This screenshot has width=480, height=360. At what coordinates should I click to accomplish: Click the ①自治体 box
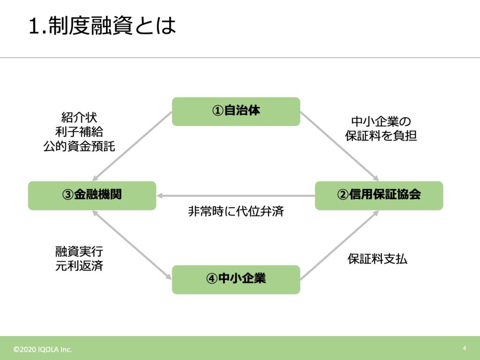(236, 112)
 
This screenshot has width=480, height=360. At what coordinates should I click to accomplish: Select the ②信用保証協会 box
(379, 195)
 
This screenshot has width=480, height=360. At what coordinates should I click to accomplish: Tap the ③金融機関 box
(92, 195)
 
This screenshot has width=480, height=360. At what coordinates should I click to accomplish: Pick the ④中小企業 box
(236, 279)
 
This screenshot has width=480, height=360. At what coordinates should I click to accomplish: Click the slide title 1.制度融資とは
(103, 25)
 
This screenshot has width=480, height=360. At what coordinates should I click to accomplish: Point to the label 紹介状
(79, 118)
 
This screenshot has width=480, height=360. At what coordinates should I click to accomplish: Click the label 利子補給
(79, 132)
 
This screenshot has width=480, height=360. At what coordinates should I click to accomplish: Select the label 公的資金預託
(79, 146)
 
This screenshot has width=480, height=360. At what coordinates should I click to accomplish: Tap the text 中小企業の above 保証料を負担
(381, 121)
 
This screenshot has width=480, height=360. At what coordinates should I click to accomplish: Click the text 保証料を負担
(381, 136)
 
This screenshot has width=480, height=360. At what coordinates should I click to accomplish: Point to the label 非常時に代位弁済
(236, 211)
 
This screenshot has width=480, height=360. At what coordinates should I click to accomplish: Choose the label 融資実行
(79, 251)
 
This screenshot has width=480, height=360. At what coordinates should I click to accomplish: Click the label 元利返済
(79, 266)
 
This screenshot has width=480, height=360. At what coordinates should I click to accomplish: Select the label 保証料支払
(377, 259)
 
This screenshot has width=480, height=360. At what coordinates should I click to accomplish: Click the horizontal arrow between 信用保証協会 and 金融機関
(236, 195)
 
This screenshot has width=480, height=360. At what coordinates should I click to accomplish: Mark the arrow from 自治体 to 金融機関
(132, 146)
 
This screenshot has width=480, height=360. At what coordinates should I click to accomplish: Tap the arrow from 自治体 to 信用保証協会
(340, 146)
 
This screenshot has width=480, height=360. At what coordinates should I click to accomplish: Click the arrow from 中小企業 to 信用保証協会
(340, 245)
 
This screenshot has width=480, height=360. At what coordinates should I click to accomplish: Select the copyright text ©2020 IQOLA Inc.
(43, 349)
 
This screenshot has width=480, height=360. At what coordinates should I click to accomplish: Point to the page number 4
(465, 348)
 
